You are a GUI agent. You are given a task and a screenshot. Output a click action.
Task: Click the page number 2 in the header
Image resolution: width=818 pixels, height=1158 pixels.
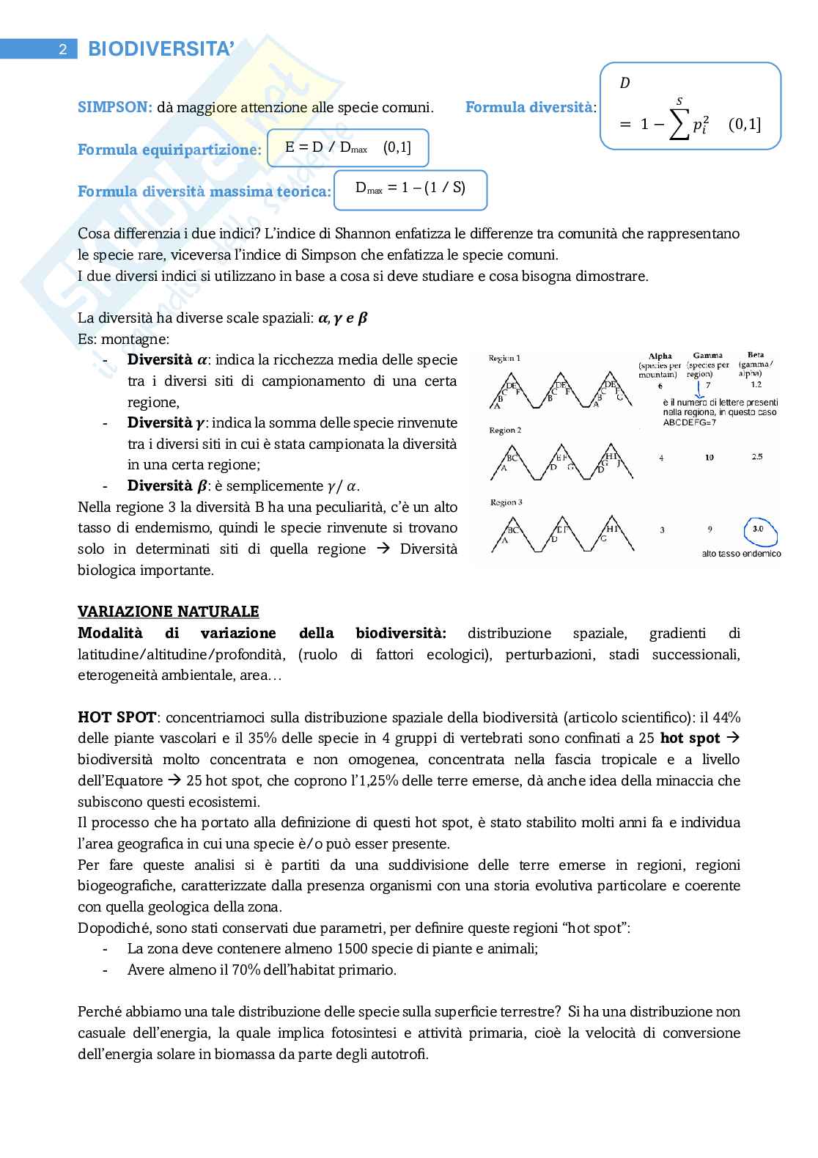pos(63,50)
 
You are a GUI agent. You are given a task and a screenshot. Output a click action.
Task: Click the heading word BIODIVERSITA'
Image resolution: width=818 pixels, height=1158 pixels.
pos(161,49)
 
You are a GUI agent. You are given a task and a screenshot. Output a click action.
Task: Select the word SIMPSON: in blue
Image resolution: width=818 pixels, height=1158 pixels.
pos(115,108)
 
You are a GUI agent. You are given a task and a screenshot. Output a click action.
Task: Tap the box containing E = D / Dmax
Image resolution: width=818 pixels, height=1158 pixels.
pos(348,148)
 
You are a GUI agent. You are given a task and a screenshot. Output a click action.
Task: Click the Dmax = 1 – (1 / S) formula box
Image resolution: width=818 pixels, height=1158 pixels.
pos(410,188)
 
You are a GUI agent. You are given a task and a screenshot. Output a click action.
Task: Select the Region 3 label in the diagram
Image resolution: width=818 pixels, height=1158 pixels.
pos(506,502)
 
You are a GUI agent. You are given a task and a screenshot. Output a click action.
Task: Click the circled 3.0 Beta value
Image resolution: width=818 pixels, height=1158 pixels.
pos(758,529)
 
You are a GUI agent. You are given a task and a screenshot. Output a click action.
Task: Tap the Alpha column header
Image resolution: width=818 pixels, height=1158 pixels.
pos(660,356)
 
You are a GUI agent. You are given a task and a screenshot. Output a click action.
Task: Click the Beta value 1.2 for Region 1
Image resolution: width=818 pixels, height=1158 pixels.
pos(756,384)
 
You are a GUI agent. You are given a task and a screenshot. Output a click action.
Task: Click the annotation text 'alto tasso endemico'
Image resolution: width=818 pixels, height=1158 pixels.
pos(741,554)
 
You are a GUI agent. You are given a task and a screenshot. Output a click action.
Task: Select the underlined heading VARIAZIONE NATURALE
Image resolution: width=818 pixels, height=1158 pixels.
pos(168,612)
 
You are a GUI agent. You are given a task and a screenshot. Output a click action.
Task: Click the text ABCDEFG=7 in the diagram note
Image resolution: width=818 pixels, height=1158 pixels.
pos(689,422)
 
